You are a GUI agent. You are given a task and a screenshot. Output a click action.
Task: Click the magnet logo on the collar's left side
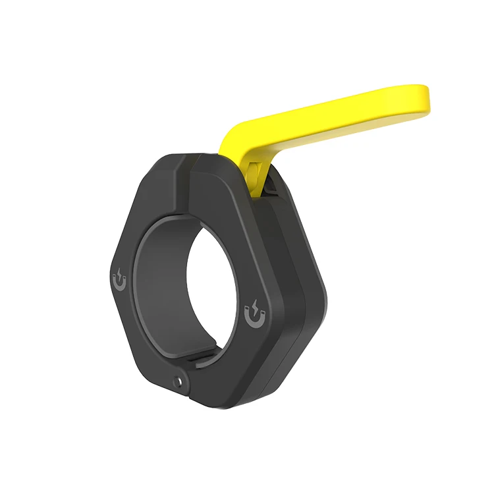[120, 280]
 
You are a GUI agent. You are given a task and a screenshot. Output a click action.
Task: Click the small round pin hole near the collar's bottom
[178, 380]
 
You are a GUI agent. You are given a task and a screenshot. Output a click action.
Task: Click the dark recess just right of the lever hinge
[270, 188]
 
